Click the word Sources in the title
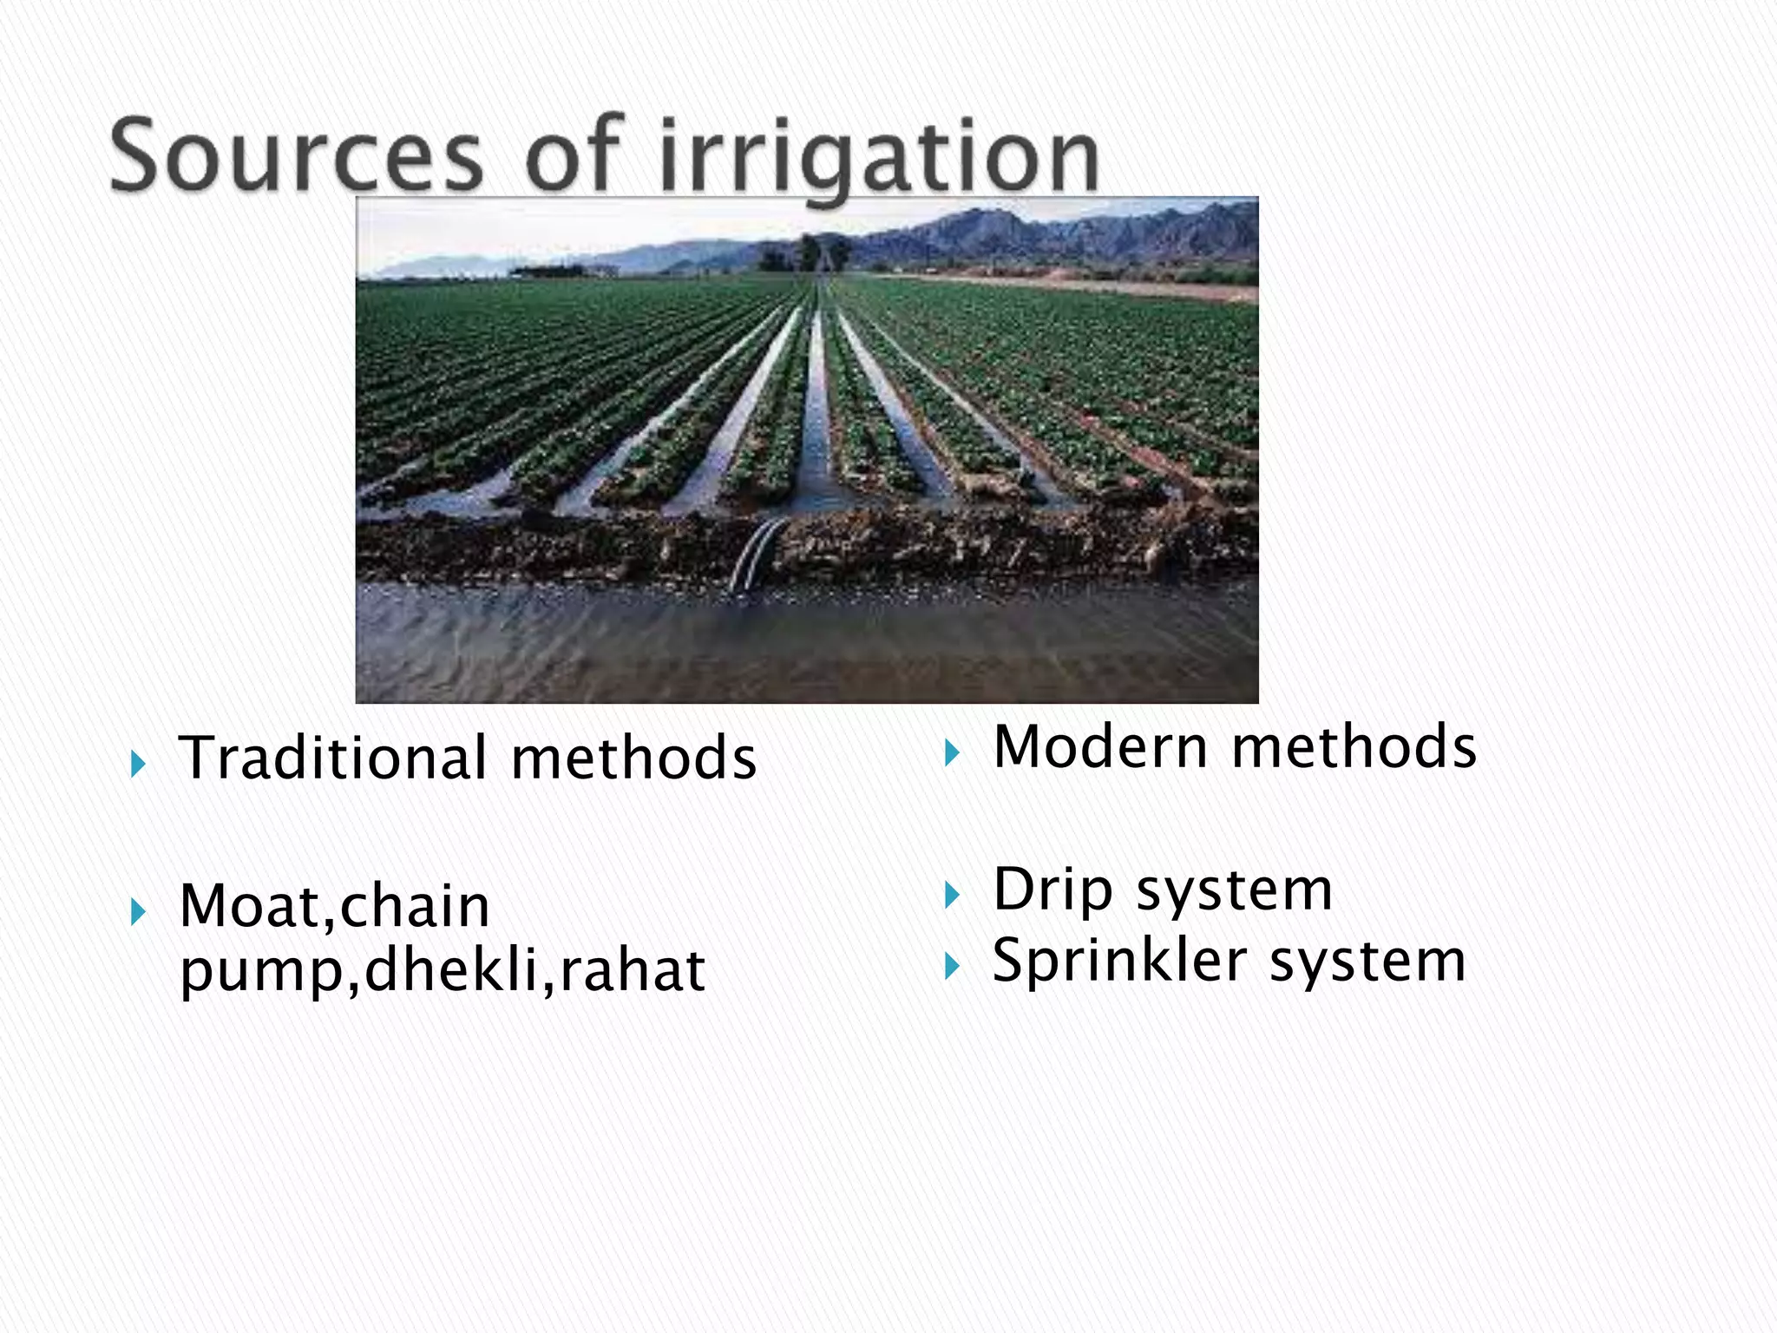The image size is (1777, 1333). [x=296, y=156]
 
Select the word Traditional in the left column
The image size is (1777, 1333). [x=333, y=758]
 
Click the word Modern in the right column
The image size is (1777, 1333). [x=1101, y=747]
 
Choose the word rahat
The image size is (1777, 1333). [x=633, y=970]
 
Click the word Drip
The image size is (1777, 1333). [x=1052, y=891]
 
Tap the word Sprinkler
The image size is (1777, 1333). [x=1120, y=962]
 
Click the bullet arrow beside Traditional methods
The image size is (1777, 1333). [x=137, y=765]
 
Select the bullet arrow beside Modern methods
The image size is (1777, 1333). [x=952, y=752]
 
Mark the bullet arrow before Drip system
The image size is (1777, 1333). [x=952, y=895]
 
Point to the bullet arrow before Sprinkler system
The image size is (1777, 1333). [x=952, y=966]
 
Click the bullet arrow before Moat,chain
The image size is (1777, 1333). [x=137, y=912]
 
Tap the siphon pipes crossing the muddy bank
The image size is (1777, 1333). [x=757, y=554]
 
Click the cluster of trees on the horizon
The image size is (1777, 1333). [x=807, y=253]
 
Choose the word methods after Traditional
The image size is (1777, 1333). [x=633, y=758]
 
